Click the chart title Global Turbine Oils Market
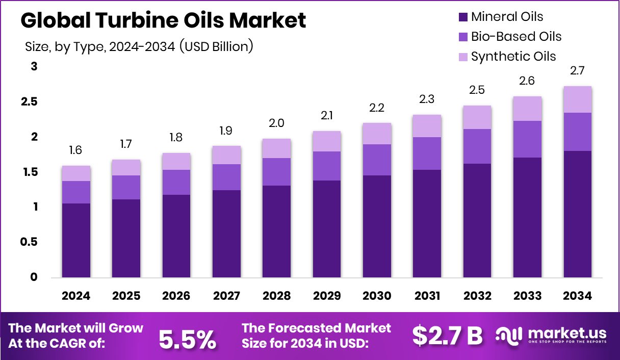coord(163,21)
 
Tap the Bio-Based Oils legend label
coord(516,37)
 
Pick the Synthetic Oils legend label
coord(513,56)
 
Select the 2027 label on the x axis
coord(226,296)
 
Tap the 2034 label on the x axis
coord(577,296)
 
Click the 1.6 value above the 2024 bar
coord(75,150)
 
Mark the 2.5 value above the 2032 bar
coord(477,90)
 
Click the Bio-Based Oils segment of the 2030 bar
coord(377,160)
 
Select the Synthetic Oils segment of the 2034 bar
coord(577,99)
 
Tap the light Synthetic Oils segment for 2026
coord(176,162)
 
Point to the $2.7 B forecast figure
coord(447,336)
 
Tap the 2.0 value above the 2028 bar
coord(276,123)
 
